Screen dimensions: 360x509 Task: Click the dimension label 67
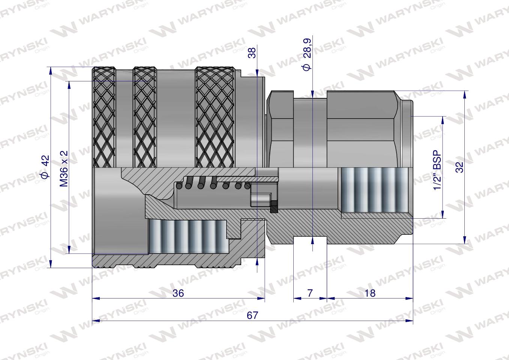pyautogui.click(x=252, y=315)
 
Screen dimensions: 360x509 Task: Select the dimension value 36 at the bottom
pyautogui.click(x=178, y=293)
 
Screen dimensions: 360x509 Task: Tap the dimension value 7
pyautogui.click(x=310, y=293)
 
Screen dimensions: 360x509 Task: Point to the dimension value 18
pyautogui.click(x=370, y=293)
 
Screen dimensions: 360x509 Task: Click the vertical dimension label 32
pyautogui.click(x=460, y=166)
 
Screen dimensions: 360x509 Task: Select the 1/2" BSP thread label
pyautogui.click(x=437, y=170)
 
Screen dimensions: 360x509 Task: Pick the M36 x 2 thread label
pyautogui.click(x=64, y=168)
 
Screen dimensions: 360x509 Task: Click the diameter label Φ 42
pyautogui.click(x=45, y=167)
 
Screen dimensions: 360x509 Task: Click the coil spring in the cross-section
pyautogui.click(x=212, y=183)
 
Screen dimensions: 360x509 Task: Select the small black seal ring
pyautogui.click(x=274, y=207)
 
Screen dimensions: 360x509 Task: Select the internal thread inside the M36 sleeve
pyautogui.click(x=188, y=236)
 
